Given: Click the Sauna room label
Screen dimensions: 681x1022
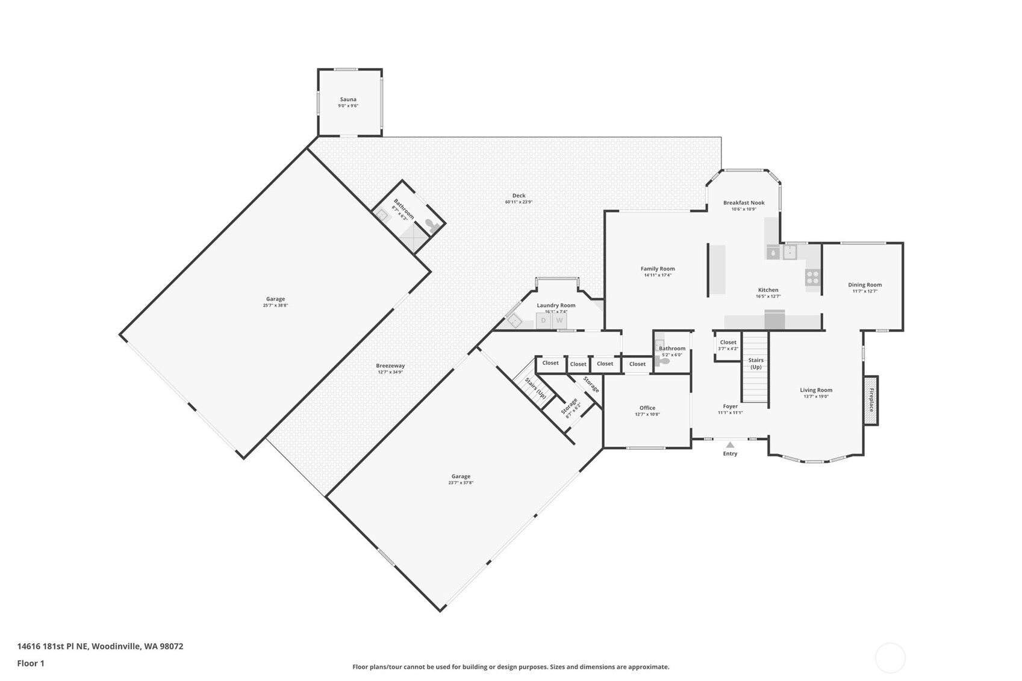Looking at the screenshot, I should (348, 99).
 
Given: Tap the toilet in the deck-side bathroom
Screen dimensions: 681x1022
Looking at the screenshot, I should (432, 225).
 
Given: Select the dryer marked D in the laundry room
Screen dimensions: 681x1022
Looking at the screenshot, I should (543, 320).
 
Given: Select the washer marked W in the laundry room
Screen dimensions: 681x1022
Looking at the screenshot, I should (559, 320).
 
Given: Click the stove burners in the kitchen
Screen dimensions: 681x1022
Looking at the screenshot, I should (812, 277).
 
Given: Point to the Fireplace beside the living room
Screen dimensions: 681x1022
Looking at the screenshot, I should (871, 400).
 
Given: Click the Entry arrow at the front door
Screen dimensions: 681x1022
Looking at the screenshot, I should (730, 445).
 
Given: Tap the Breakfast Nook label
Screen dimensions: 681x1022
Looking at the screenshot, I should (744, 203).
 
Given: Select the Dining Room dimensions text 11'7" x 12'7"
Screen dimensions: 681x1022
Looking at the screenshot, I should (865, 291).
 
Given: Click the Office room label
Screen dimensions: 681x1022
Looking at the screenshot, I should (647, 408).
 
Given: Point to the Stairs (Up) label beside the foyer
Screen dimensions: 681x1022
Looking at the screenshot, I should (756, 363).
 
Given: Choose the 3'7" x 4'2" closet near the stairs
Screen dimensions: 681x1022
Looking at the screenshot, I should (728, 345).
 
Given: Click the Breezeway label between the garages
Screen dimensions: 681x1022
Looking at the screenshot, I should (390, 365).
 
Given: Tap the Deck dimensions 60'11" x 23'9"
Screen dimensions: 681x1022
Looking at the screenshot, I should (519, 202).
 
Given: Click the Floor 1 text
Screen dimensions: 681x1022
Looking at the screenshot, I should (31, 664).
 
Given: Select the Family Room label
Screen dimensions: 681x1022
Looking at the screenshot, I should (658, 269).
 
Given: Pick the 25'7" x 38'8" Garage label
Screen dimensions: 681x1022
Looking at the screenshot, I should (275, 299).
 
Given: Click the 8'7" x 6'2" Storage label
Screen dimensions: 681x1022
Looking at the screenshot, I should (570, 406).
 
